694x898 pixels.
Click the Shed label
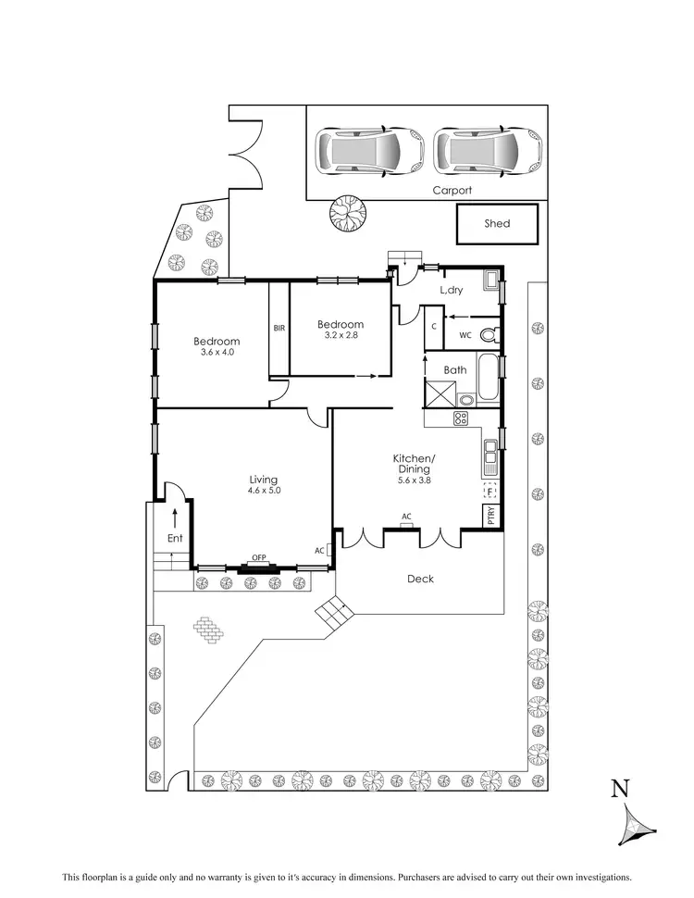497,223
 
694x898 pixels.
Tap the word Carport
452,191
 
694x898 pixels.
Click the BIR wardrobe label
279,328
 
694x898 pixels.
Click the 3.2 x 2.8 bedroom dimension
340,335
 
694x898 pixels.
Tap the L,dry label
452,291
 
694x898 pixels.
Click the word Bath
454,370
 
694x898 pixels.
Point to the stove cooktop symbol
460,419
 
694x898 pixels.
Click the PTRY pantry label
490,516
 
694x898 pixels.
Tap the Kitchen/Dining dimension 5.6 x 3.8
414,480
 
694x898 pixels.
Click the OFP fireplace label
259,557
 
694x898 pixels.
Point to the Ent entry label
174,538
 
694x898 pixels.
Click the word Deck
421,579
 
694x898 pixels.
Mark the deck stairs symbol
332,612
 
